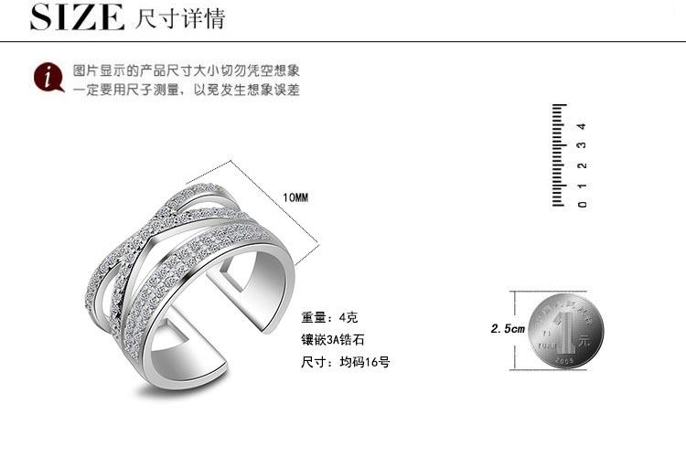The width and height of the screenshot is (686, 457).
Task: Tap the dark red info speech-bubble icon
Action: click(48, 78)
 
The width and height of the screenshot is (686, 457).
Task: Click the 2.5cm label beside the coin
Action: click(508, 328)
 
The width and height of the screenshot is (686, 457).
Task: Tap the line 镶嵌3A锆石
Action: click(334, 340)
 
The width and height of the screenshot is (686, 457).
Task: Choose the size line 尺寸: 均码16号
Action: click(346, 362)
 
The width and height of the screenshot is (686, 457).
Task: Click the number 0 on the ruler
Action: click(583, 203)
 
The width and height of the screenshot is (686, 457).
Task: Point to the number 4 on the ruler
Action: click(583, 126)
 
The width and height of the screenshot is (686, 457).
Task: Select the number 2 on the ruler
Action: click(583, 165)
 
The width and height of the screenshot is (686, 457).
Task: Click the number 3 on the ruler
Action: click(583, 145)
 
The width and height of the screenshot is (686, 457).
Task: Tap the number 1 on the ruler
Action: click(583, 185)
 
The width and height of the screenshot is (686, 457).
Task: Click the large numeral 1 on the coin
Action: click(572, 327)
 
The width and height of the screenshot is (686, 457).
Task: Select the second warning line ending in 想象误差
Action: click(187, 90)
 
